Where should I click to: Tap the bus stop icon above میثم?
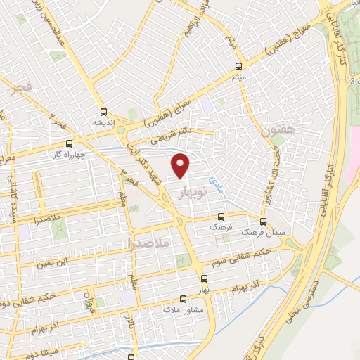tap(240, 67)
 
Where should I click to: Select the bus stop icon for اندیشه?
tap(104, 111)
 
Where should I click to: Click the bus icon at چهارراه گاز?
tap(68, 143)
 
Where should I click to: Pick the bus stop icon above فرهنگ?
tap(221, 217)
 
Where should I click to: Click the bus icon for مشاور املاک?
tap(184, 298)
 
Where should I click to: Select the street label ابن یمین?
tap(56, 264)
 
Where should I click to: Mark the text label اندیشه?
tap(103, 122)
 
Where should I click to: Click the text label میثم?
tap(240, 78)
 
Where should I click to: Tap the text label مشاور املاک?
tap(183, 309)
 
